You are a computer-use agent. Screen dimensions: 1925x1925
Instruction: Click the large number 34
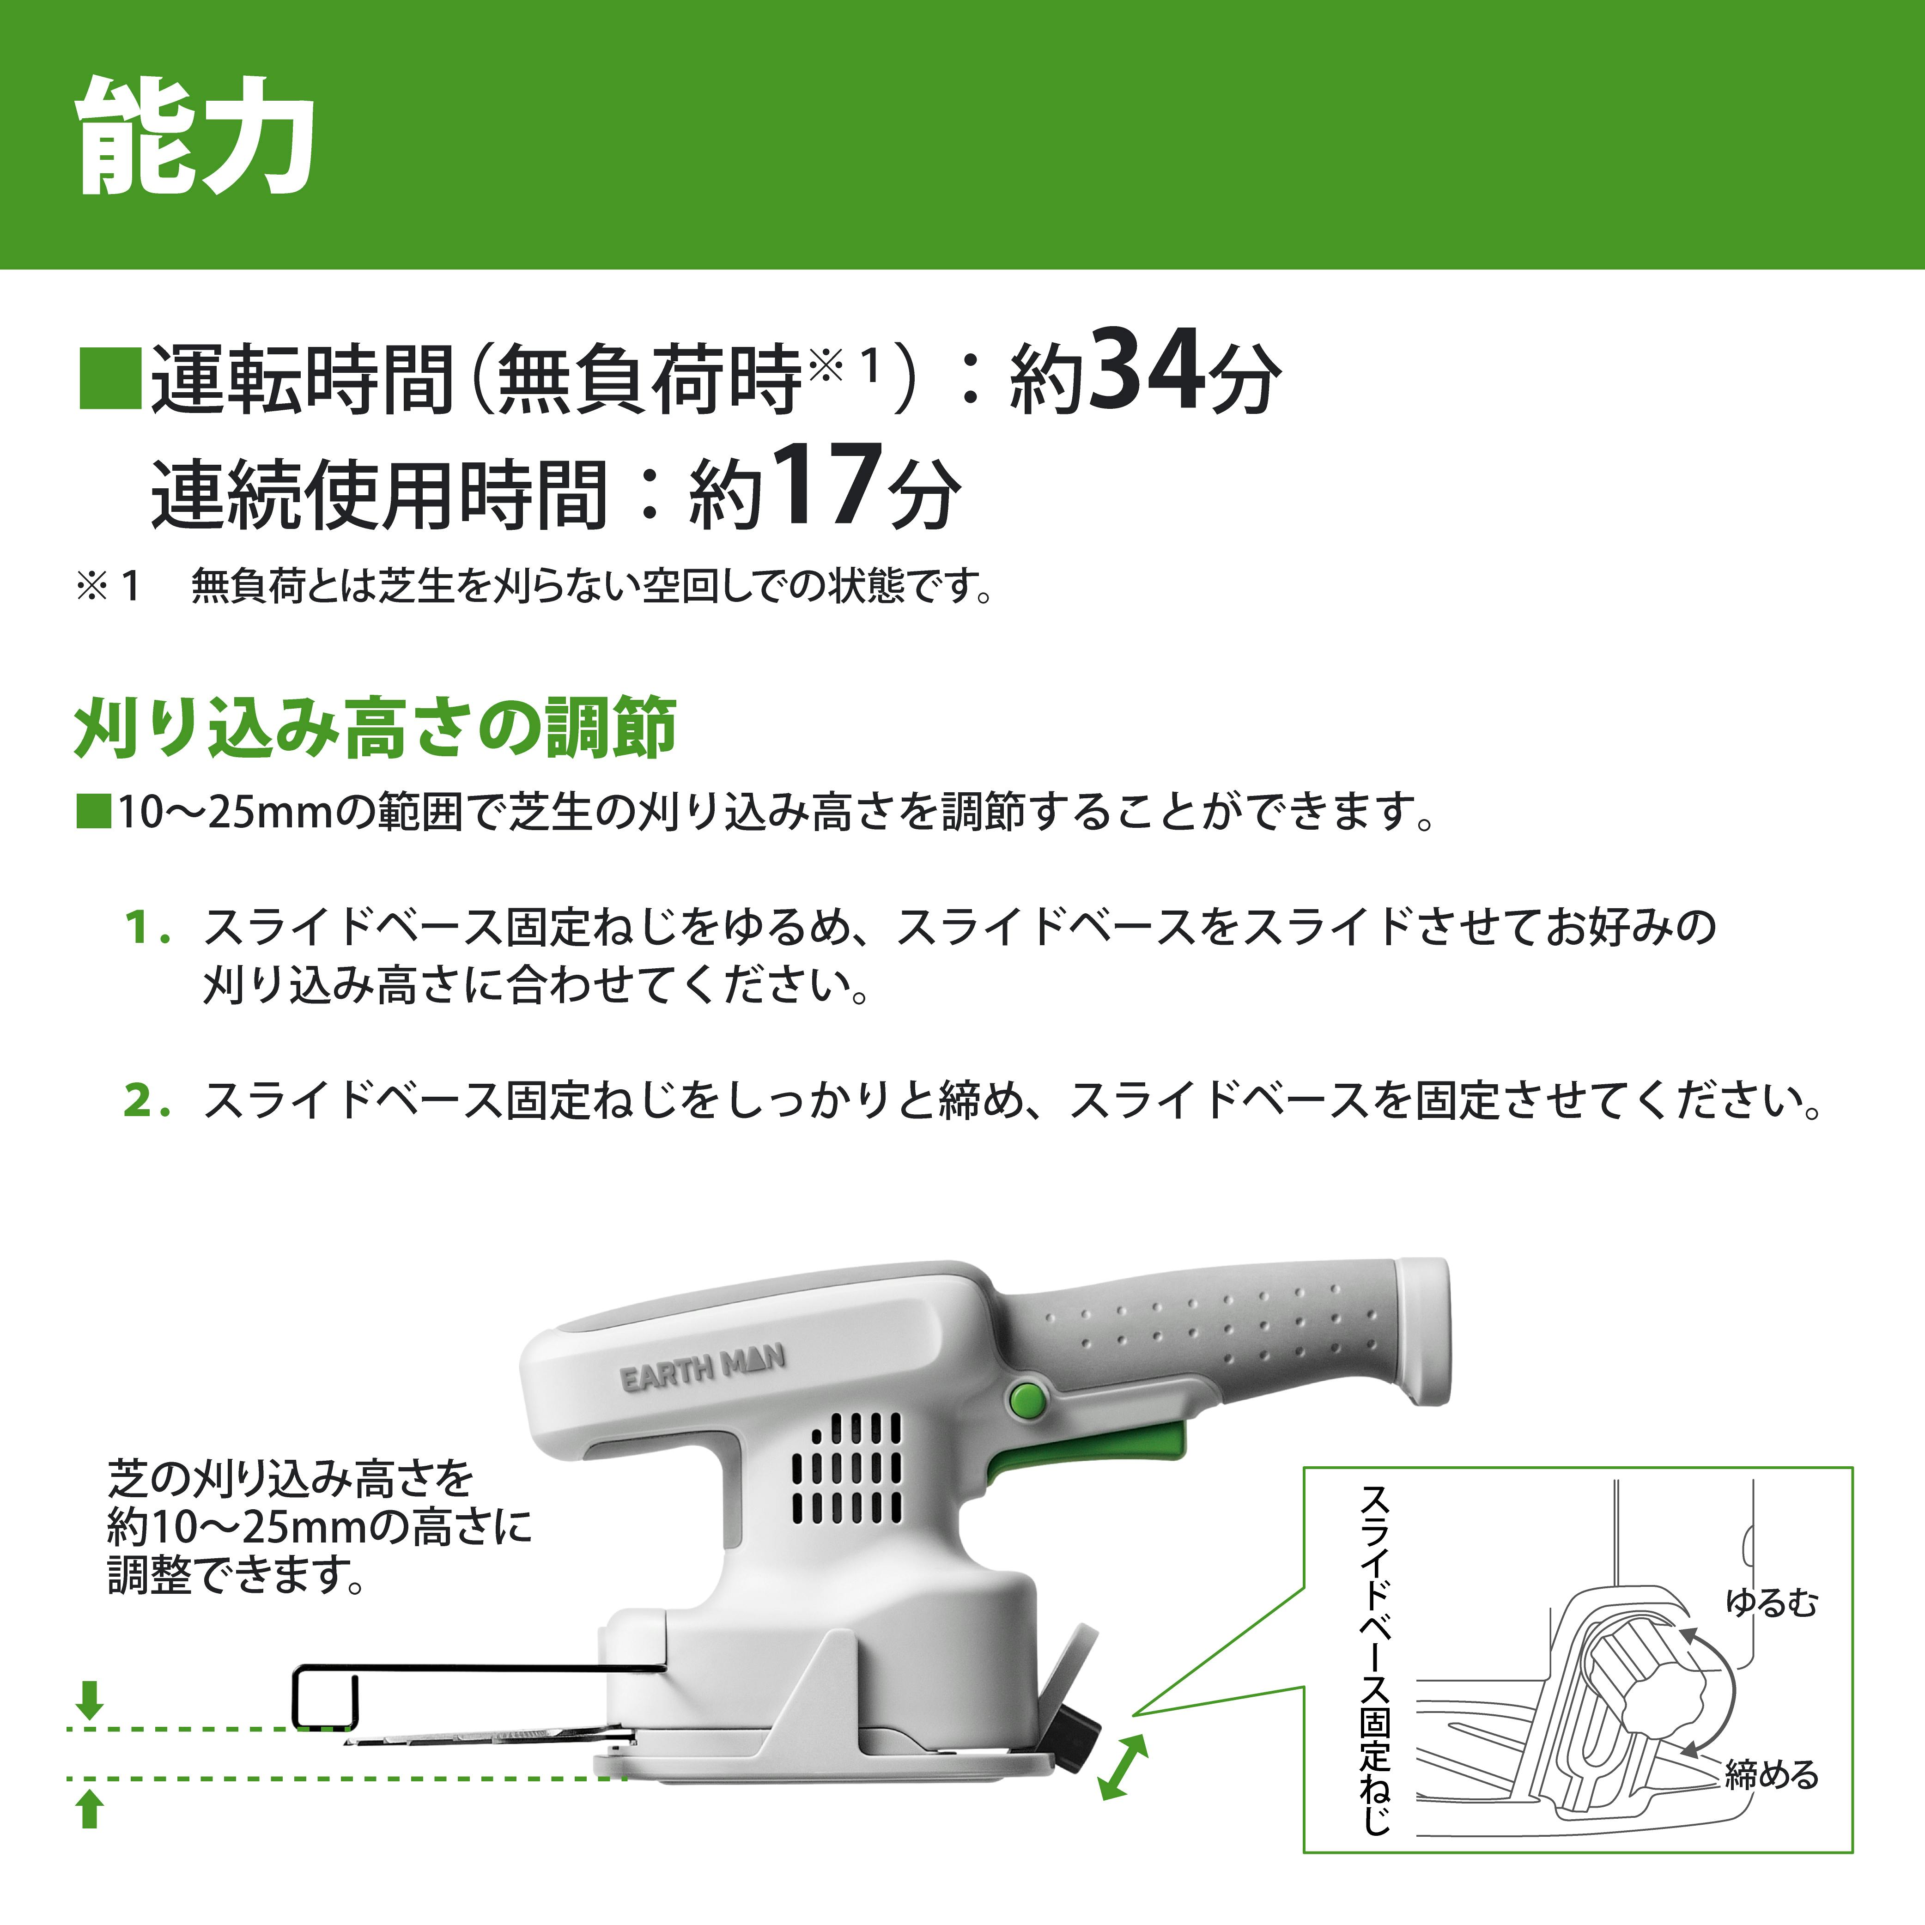click(x=1146, y=370)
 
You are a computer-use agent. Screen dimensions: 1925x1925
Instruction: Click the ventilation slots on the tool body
click(x=847, y=1470)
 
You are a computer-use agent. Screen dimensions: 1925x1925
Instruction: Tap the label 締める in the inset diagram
click(x=1772, y=1774)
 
